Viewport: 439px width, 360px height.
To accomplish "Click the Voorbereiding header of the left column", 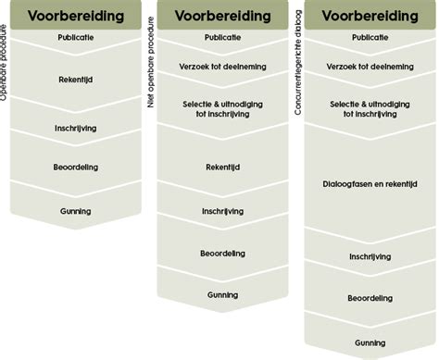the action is click(78, 15).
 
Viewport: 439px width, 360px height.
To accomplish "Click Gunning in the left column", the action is click(77, 210).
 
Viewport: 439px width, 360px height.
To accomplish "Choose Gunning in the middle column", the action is click(222, 295).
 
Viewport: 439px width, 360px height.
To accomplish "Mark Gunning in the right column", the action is click(370, 342).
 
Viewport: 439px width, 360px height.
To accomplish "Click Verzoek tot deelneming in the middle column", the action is click(221, 67).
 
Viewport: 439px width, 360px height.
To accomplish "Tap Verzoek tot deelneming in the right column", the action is click(370, 67).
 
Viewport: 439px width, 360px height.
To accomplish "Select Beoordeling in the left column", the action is click(77, 167).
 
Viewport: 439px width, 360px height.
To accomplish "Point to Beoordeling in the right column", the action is click(370, 299).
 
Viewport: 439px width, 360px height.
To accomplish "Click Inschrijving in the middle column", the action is click(221, 211).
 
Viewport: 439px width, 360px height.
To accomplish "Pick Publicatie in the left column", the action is click(77, 38).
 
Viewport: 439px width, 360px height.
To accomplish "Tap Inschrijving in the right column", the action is click(370, 256).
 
